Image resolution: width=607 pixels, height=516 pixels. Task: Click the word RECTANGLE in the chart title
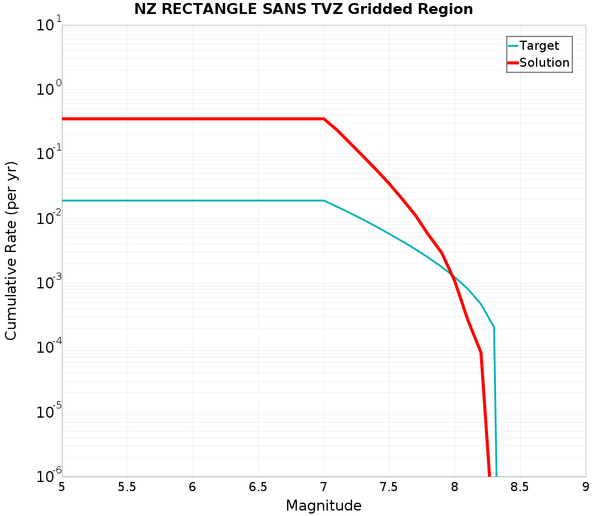coord(204,9)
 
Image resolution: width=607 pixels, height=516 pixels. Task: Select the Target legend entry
coord(539,46)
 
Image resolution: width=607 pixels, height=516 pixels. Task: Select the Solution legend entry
coord(544,63)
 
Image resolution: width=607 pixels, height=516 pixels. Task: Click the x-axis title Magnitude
coord(324,506)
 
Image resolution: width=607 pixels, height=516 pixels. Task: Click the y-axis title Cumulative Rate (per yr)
coord(12,251)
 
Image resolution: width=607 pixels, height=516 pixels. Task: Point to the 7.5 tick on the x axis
coord(389,487)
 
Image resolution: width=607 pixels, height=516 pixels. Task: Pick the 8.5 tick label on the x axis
coord(520,487)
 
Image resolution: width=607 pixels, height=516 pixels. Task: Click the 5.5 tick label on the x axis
coord(127,487)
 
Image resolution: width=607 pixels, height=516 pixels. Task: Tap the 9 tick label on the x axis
coord(586,487)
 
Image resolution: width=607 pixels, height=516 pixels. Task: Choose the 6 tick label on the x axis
coord(192,487)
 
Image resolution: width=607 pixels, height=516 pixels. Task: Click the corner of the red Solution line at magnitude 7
coord(324,119)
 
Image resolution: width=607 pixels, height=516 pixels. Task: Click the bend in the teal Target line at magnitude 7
coord(324,200)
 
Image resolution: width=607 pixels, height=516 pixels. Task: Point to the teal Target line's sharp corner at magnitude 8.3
coord(493,327)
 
